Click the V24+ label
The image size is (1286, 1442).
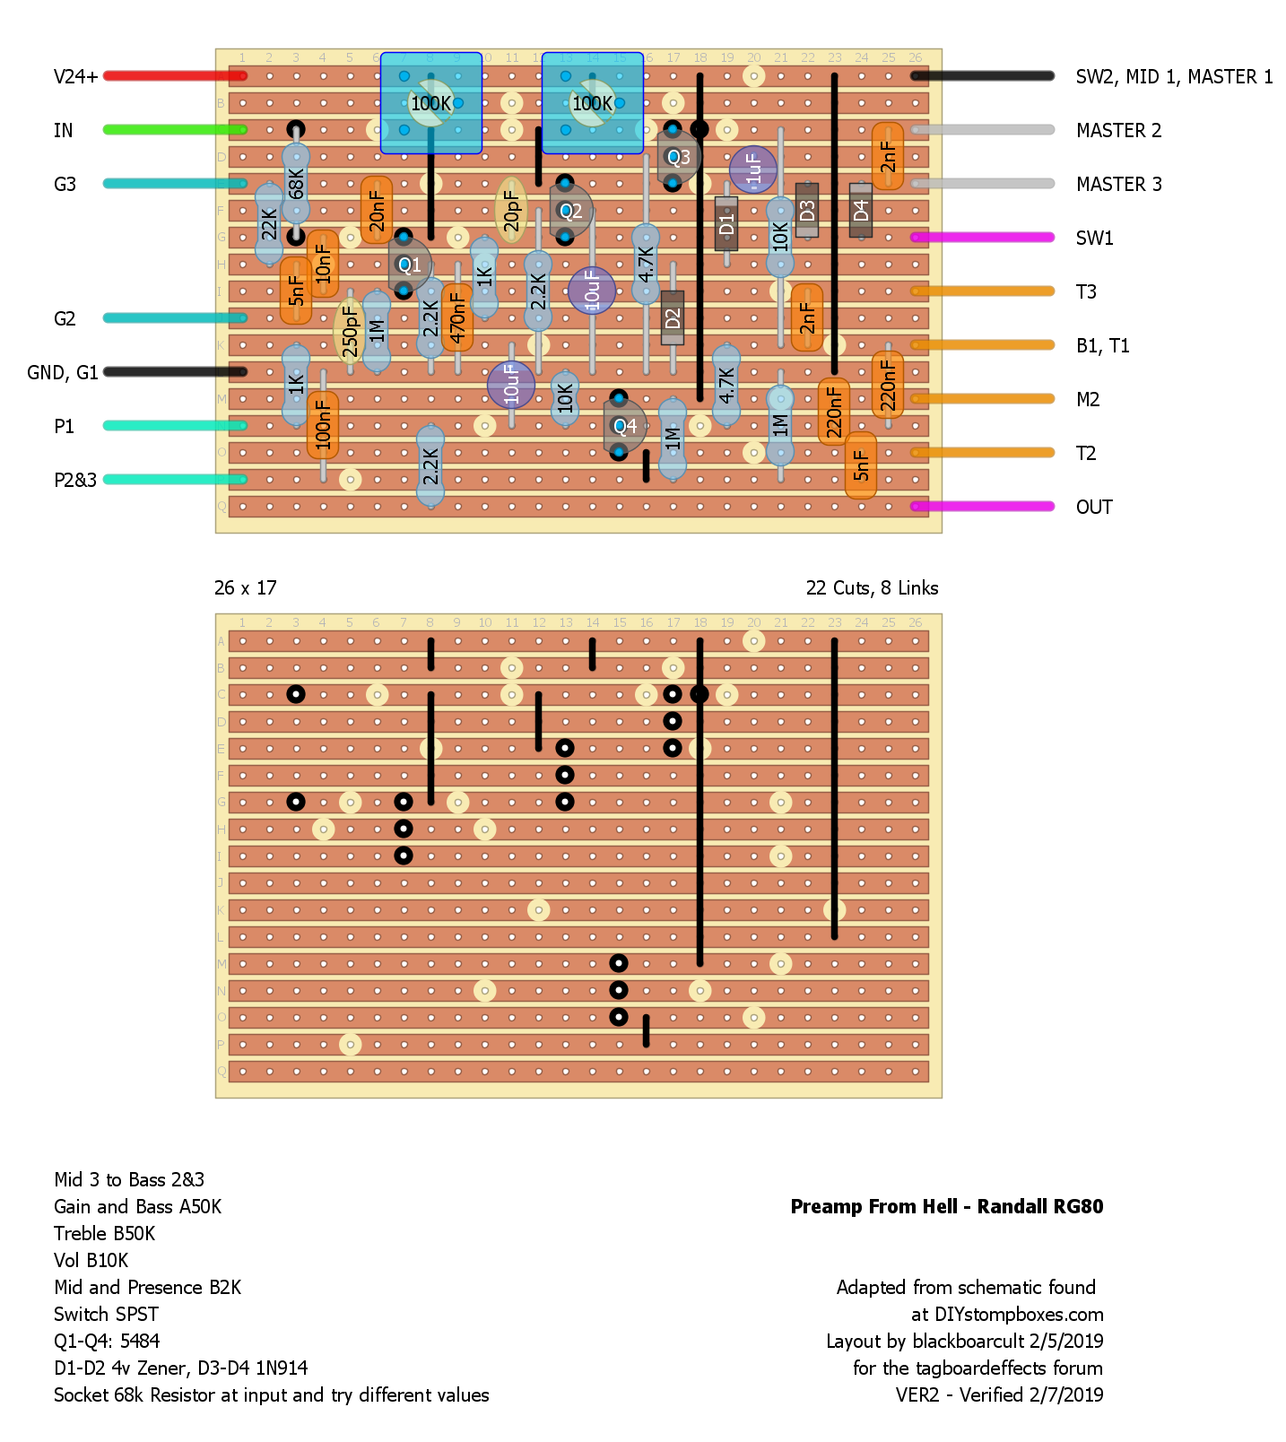click(x=75, y=76)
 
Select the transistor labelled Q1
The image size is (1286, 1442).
click(x=409, y=265)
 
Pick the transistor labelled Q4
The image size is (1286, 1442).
click(x=624, y=426)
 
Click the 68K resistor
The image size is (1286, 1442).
click(x=296, y=184)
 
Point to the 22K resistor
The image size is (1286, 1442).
click(x=269, y=224)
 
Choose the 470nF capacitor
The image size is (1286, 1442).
click(x=457, y=317)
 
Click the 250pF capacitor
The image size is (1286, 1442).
click(x=350, y=331)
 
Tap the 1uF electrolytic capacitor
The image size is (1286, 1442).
click(x=753, y=169)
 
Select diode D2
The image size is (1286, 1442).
click(x=673, y=318)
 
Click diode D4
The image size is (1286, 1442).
click(x=861, y=211)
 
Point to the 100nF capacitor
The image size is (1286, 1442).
click(x=323, y=424)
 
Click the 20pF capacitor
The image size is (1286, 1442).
click(x=511, y=210)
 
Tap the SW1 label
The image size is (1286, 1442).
click(x=1094, y=238)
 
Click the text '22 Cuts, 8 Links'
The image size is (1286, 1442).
click(x=872, y=588)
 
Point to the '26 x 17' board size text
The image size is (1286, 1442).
click(x=245, y=588)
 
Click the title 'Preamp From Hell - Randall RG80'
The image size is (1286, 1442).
click(x=946, y=1207)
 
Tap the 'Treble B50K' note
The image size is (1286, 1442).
click(x=104, y=1234)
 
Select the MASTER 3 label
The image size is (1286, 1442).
click(x=1118, y=185)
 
